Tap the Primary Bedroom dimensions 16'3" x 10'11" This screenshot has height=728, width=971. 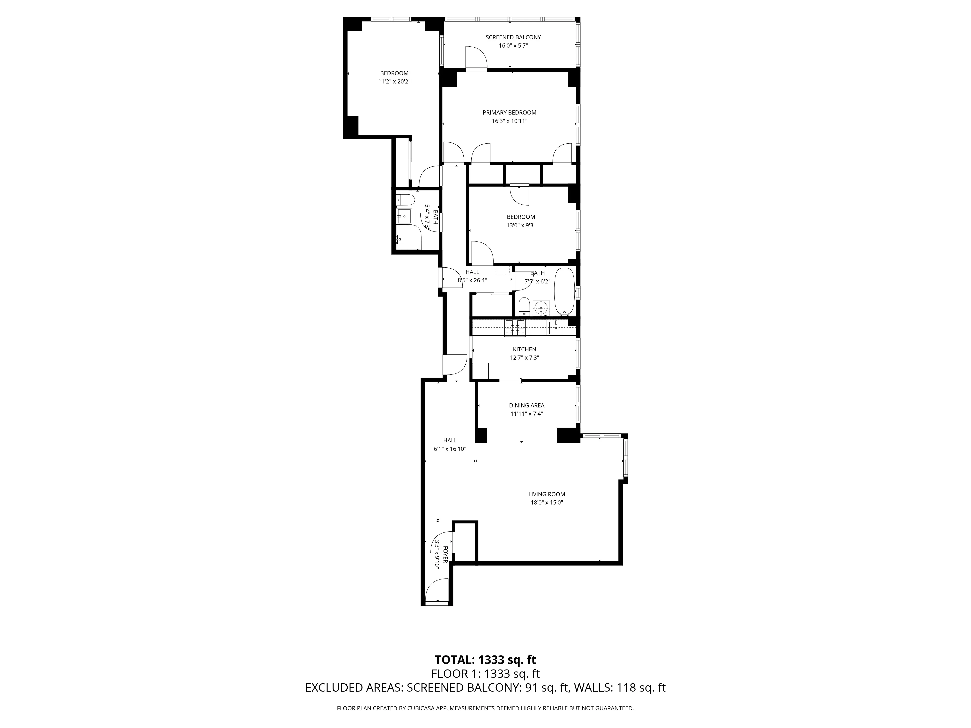click(x=509, y=121)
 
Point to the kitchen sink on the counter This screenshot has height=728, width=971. click(x=556, y=327)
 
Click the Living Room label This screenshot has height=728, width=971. click(x=546, y=494)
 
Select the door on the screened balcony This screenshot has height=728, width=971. click(x=476, y=58)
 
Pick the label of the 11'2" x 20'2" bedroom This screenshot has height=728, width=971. click(x=394, y=73)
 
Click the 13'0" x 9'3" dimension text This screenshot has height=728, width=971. click(x=521, y=225)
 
